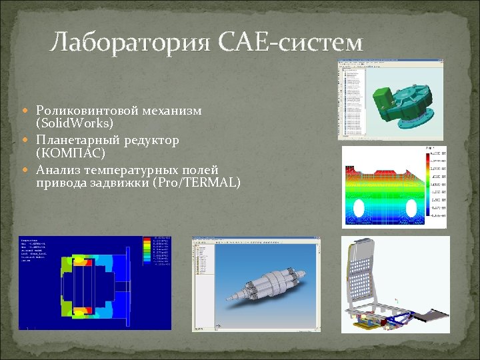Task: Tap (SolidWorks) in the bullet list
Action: (75, 123)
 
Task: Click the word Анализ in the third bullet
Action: (59, 170)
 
